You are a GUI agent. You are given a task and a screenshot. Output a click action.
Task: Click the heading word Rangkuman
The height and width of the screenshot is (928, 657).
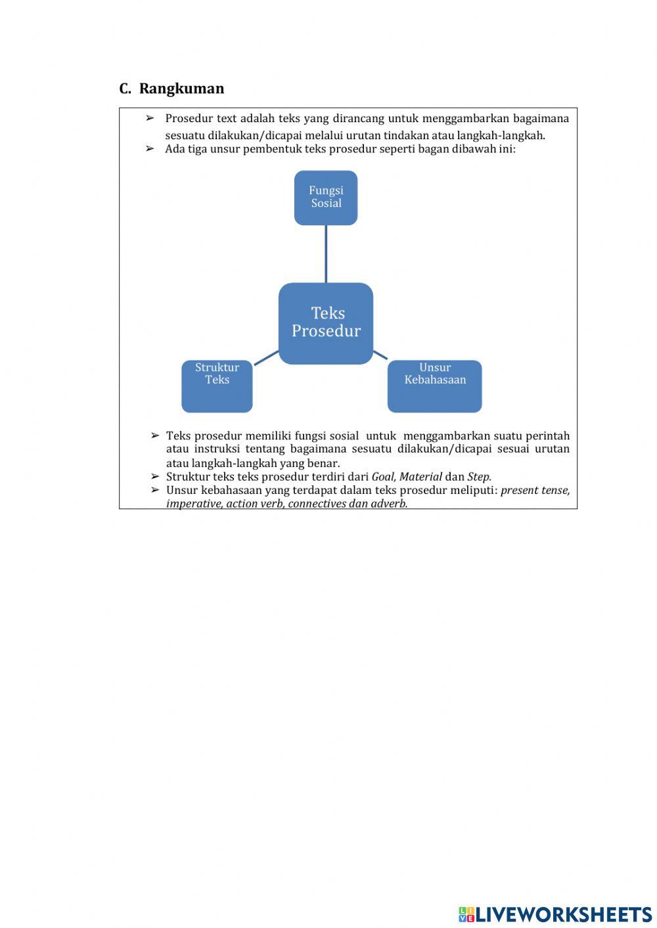coord(181,89)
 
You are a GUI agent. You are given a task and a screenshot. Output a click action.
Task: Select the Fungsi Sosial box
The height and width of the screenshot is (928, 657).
coord(326,198)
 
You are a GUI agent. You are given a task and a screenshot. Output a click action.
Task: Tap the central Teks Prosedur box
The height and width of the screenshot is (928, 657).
coord(326,322)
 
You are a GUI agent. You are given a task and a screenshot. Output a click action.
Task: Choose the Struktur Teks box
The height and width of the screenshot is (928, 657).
coord(217,386)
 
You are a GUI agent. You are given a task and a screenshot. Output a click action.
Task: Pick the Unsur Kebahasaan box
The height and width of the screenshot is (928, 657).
coord(434,386)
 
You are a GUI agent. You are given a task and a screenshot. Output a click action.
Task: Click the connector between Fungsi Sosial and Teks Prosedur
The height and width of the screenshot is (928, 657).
coord(326,254)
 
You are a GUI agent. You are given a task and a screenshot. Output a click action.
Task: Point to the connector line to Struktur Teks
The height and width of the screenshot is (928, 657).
coord(266,357)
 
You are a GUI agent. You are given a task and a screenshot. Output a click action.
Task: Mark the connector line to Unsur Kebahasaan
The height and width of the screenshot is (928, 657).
coord(380,355)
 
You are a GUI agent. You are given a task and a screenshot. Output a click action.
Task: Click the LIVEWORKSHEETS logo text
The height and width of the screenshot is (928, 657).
coord(564,914)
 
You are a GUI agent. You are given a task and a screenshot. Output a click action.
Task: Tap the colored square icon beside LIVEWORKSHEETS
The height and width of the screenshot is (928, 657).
coord(466,914)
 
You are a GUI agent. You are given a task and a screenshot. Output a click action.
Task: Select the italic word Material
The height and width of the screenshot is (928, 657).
coord(420,477)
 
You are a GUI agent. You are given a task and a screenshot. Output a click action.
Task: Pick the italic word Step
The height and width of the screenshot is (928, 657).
coord(479,477)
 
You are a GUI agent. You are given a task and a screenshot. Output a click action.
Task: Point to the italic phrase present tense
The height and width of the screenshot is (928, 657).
coord(535,491)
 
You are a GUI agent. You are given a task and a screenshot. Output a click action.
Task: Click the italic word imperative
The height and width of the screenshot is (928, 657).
coord(194,504)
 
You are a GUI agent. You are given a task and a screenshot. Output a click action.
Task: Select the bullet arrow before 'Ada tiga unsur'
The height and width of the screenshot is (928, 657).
coord(150,149)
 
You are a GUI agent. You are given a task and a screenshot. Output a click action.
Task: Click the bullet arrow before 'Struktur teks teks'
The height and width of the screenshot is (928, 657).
coord(155,477)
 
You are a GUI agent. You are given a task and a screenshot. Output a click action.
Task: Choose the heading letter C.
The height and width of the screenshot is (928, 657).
coord(124,89)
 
